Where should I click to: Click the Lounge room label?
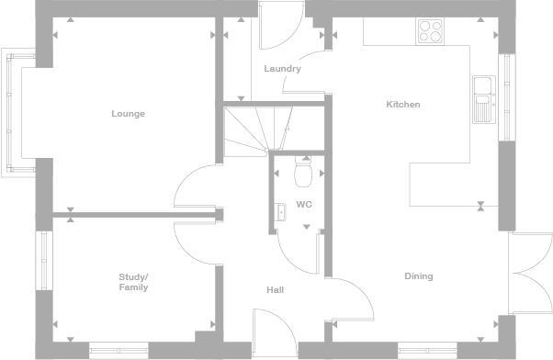point(129,114)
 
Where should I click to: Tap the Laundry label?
point(282,69)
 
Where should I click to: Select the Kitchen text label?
point(402,105)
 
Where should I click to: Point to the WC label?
point(303,205)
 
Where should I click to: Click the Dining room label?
point(419,276)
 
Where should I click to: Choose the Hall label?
point(275,290)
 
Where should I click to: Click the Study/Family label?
point(133,282)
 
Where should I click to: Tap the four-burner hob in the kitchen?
point(430,31)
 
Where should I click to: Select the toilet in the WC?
point(303,172)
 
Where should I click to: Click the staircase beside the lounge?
point(253,130)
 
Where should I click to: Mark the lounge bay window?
point(14,112)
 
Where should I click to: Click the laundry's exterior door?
point(276,26)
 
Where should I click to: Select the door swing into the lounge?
point(196,186)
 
